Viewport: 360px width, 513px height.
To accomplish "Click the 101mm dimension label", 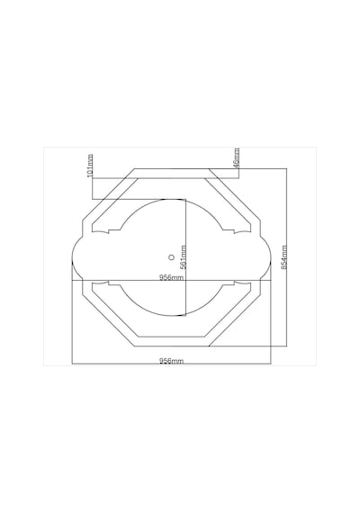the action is pyautogui.click(x=90, y=166).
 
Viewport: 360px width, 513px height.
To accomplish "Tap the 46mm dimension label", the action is pyautogui.click(x=237, y=157).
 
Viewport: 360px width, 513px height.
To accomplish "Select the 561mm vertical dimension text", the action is pyautogui.click(x=184, y=257).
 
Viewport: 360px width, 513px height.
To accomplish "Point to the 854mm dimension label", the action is pyautogui.click(x=284, y=257).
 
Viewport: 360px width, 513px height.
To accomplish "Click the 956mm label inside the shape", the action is pyautogui.click(x=171, y=277).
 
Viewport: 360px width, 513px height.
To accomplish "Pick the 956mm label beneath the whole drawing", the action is pyautogui.click(x=171, y=361).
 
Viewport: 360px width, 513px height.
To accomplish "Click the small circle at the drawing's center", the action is pyautogui.click(x=171, y=257).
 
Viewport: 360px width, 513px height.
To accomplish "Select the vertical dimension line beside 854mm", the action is pyautogui.click(x=287, y=257).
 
